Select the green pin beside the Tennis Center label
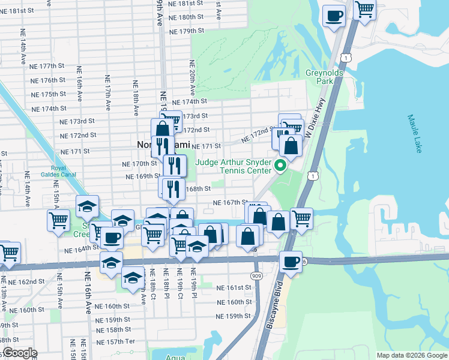tap(279, 164)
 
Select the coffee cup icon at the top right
tap(334, 16)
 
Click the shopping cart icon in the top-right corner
tap(364, 10)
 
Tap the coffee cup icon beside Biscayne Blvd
tap(291, 262)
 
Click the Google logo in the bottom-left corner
tap(19, 353)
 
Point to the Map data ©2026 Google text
tap(411, 355)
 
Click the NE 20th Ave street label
tap(193, 78)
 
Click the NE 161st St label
tap(234, 288)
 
